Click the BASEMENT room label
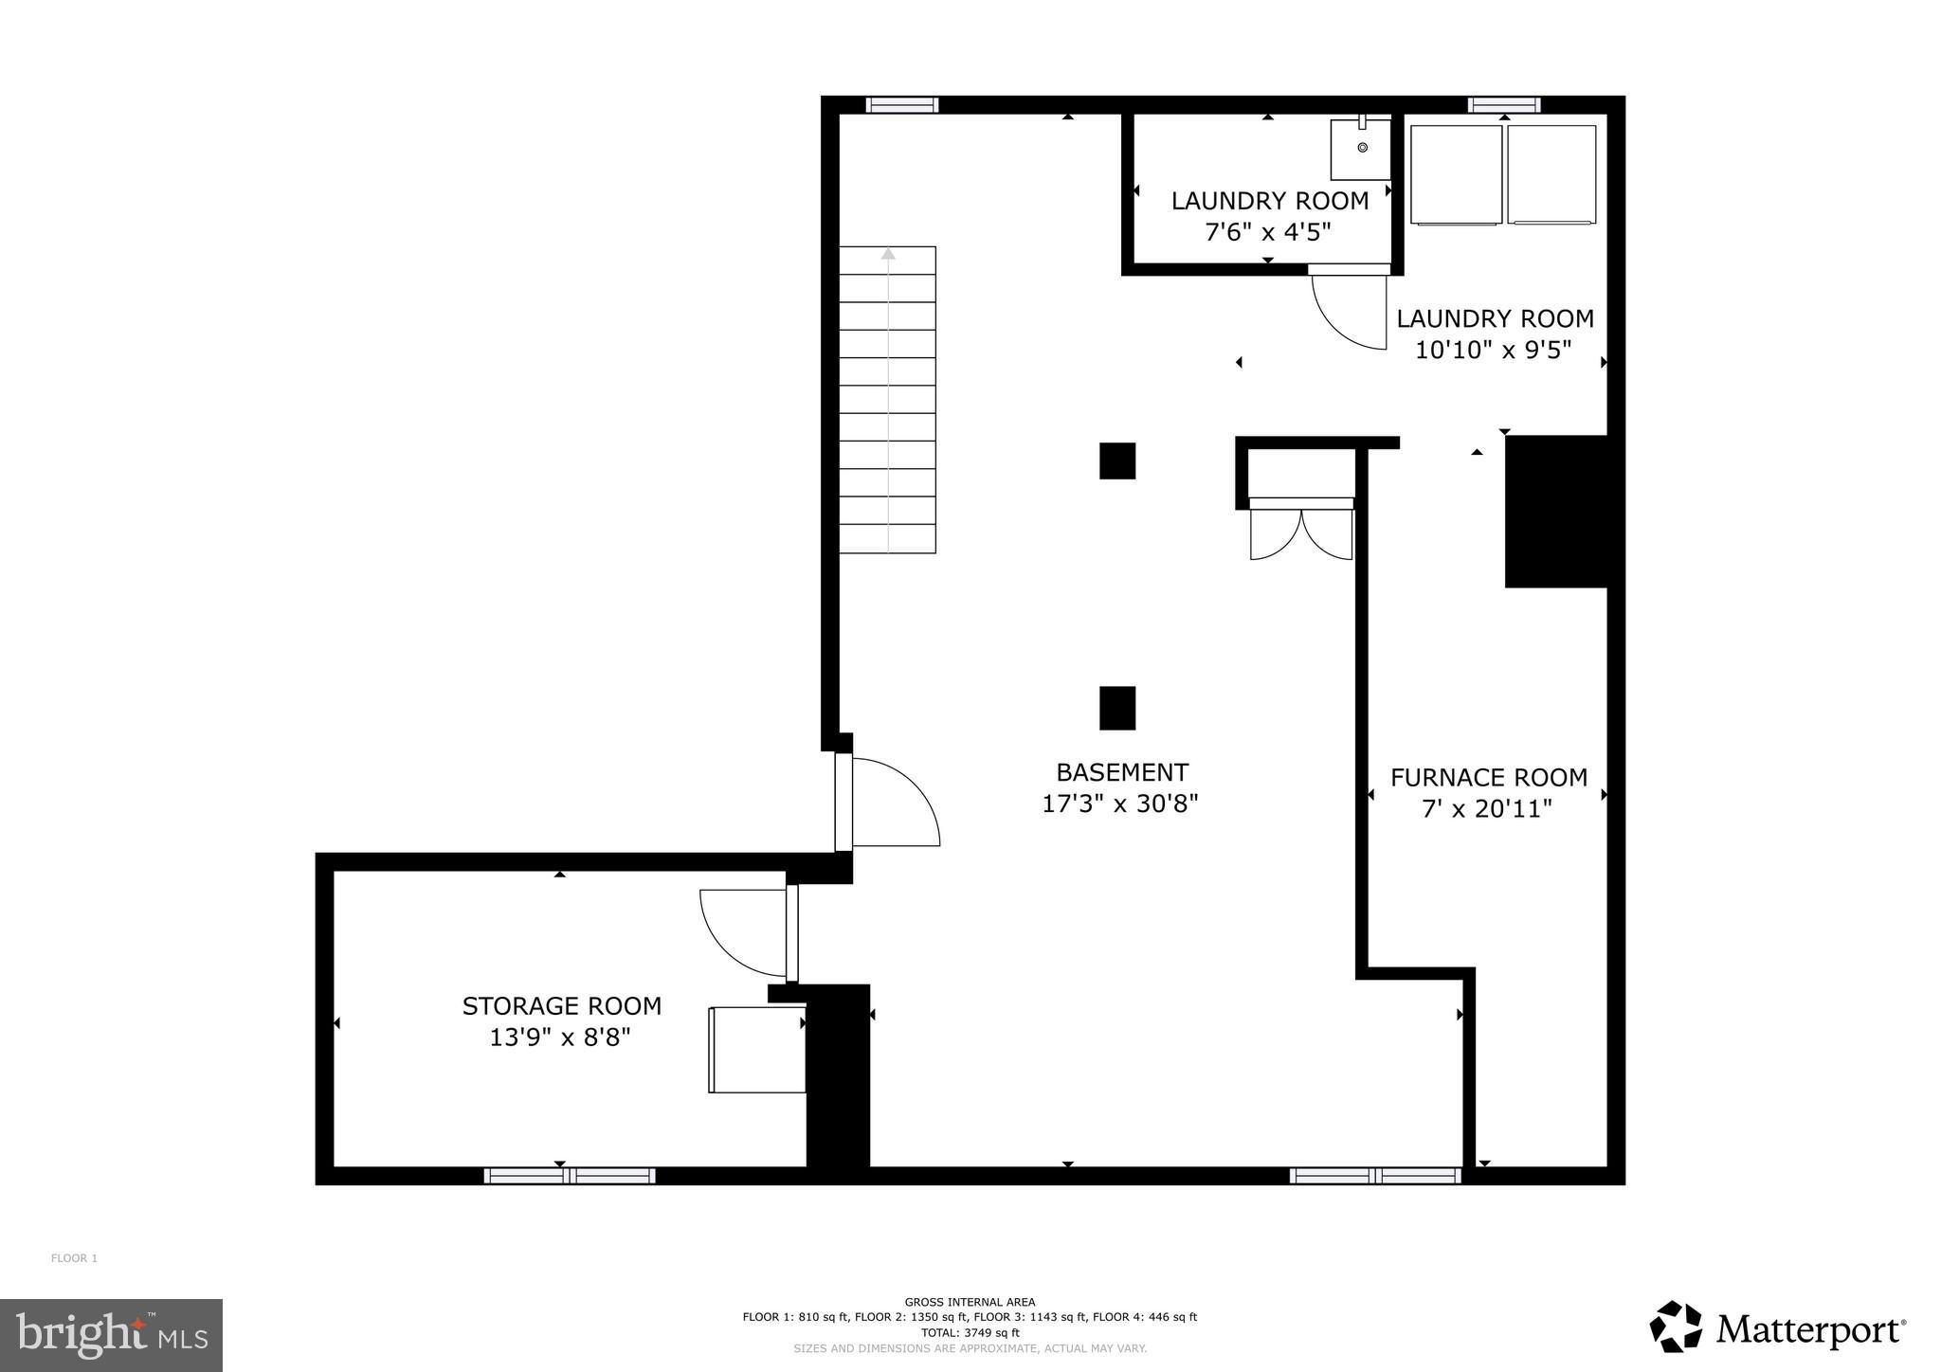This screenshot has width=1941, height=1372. (x=1122, y=772)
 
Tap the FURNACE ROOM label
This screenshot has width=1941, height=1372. (x=1488, y=778)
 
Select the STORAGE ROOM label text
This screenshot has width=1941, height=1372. (x=561, y=1006)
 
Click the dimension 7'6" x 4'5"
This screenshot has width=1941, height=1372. (x=1268, y=232)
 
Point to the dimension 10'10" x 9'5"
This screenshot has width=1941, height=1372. (x=1493, y=351)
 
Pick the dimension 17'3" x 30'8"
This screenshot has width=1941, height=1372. (x=1120, y=804)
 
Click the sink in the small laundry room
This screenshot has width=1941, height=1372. (x=1360, y=150)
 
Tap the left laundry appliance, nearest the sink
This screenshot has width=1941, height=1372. (x=1456, y=175)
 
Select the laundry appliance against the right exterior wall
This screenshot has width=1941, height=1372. (x=1551, y=175)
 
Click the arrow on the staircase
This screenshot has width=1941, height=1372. (x=888, y=254)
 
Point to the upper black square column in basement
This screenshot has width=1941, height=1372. (x=1117, y=461)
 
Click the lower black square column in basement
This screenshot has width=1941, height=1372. (x=1117, y=708)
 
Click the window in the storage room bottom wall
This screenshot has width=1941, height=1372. (x=569, y=1176)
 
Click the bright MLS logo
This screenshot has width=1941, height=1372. (x=111, y=1335)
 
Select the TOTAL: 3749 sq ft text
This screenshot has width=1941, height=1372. (x=970, y=1332)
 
